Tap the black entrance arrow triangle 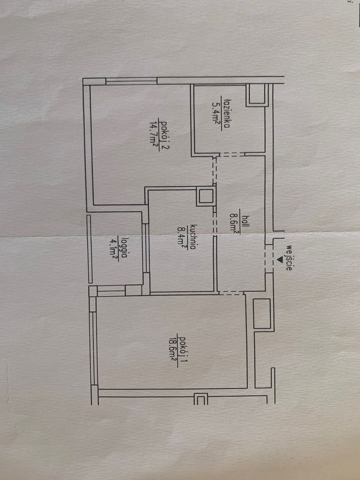(280, 259)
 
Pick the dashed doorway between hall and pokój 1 (231, 293)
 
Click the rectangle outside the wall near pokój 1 (262, 313)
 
